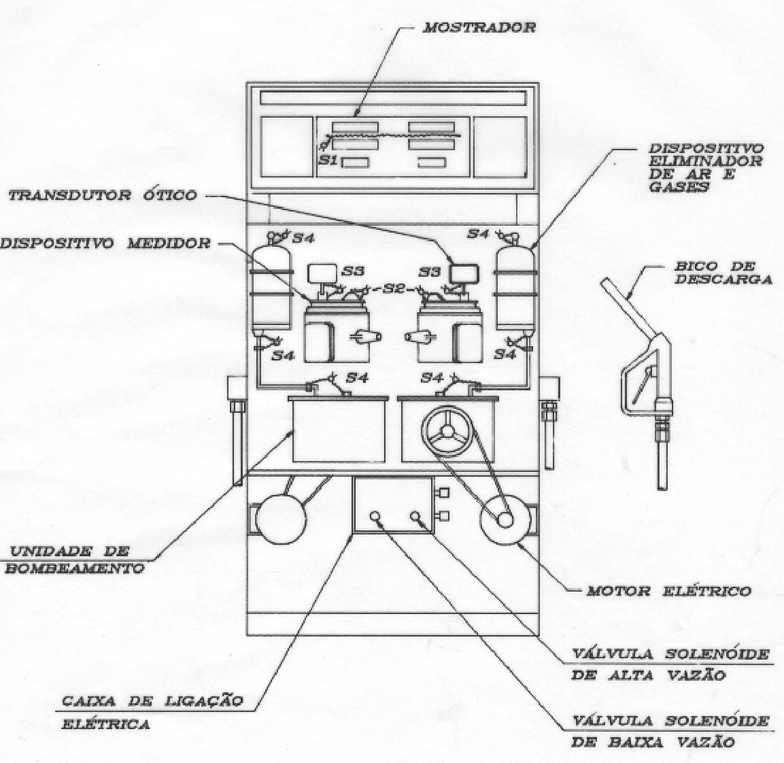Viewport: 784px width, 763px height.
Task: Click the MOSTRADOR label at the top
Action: point(479,27)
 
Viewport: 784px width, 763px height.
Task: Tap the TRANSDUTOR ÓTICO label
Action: point(103,195)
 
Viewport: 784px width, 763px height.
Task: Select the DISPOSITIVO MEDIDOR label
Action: point(105,243)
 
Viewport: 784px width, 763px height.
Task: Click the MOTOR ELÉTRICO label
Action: point(668,591)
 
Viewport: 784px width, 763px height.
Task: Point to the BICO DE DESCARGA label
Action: point(722,273)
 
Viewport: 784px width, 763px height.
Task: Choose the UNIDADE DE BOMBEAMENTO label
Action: point(75,560)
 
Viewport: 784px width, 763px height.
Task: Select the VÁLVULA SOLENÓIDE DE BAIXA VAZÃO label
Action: point(670,732)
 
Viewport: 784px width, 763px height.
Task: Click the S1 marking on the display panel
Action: point(328,161)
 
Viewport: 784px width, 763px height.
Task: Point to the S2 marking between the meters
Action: point(393,288)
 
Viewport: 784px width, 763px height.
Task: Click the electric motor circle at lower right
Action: point(505,520)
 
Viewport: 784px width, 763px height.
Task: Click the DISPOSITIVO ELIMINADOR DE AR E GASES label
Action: point(706,168)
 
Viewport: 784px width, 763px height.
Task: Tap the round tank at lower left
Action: point(281,519)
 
